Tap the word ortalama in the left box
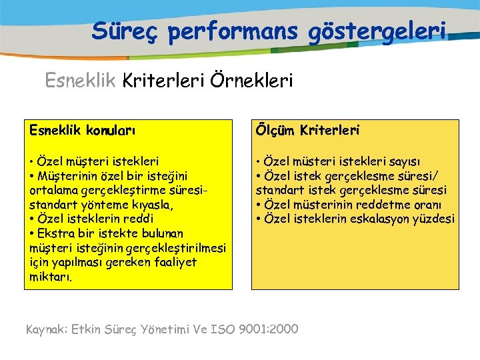pos(52,190)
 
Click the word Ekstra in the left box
pos(55,233)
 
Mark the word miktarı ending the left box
pos(51,277)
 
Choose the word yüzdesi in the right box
pos(433,219)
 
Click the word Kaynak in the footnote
pos(46,328)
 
